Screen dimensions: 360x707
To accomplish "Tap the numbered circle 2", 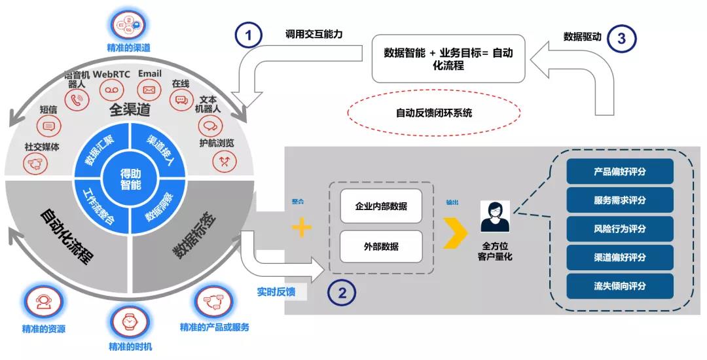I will pyautogui.click(x=341, y=293).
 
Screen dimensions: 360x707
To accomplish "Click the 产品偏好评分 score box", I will pyautogui.click(x=619, y=171).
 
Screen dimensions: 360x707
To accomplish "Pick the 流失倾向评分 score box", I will pyautogui.click(x=619, y=286).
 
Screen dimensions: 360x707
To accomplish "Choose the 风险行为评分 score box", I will pyautogui.click(x=619, y=229).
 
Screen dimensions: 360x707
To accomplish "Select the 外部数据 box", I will pyautogui.click(x=381, y=247).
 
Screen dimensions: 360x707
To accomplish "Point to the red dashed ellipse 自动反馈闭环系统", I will pyautogui.click(x=433, y=113).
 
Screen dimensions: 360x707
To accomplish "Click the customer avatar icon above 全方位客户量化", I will pyautogui.click(x=495, y=217).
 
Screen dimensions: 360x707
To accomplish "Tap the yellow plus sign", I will pyautogui.click(x=301, y=227).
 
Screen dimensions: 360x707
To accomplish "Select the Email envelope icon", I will pyautogui.click(x=149, y=90).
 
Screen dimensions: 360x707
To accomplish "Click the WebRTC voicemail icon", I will pyautogui.click(x=113, y=90).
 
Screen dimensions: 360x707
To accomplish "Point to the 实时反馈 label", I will pyautogui.click(x=276, y=292).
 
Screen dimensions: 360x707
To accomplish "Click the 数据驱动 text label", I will pyautogui.click(x=581, y=37).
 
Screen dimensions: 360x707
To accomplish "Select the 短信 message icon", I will pyautogui.click(x=48, y=126).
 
